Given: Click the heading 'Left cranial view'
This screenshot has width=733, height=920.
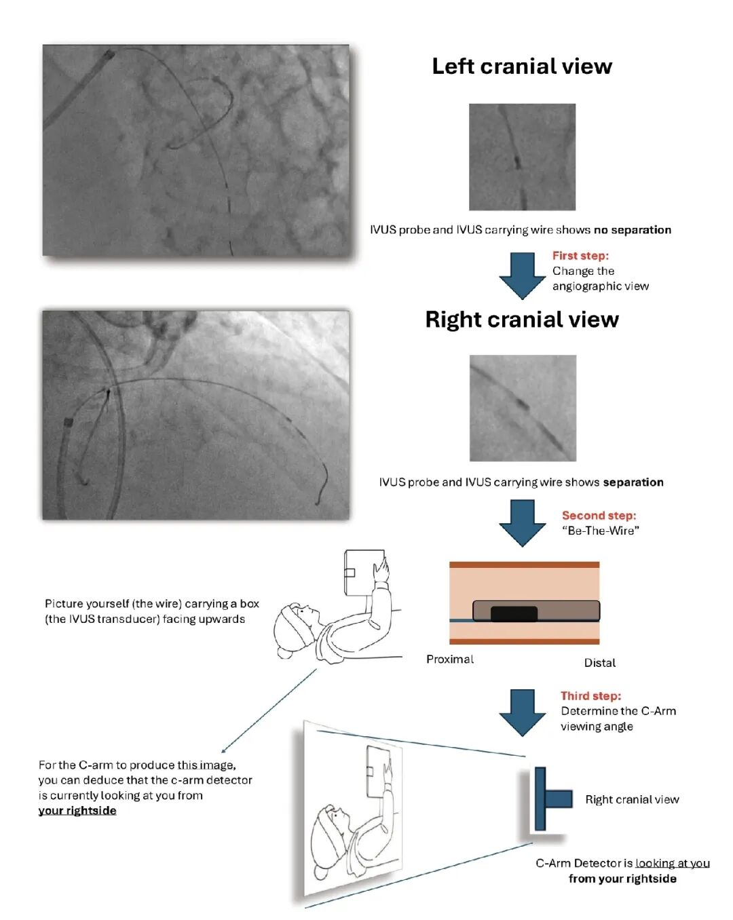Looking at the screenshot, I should coord(521,66).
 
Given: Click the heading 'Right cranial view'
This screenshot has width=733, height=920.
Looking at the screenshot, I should coord(521,320).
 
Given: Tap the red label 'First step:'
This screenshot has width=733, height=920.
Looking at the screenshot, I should coord(580,256).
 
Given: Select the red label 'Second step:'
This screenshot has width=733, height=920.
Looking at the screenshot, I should coord(599,516).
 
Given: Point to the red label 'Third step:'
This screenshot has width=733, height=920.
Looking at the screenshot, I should coord(590,695).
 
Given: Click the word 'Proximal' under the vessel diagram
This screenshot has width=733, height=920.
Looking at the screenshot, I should coord(450,659).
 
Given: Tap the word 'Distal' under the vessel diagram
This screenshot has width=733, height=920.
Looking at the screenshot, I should coord(600,663).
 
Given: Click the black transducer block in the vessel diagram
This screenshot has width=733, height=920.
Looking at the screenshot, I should coord(514,613).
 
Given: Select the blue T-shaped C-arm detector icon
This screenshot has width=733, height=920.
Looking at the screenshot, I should coord(550,799).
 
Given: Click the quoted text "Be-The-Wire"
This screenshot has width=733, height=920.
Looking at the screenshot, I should coord(600,531).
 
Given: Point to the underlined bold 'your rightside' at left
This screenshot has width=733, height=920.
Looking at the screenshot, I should coord(77,811).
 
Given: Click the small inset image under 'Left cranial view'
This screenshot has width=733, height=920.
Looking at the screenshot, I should coord(522,157).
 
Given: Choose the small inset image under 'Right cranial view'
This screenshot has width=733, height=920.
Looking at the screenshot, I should coord(523,408).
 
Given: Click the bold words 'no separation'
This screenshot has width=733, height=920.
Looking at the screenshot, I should coord(632,230).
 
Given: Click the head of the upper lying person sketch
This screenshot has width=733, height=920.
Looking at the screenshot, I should coord(295,628).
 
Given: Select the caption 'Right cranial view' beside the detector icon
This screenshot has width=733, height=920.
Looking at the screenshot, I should coord(632,799).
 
